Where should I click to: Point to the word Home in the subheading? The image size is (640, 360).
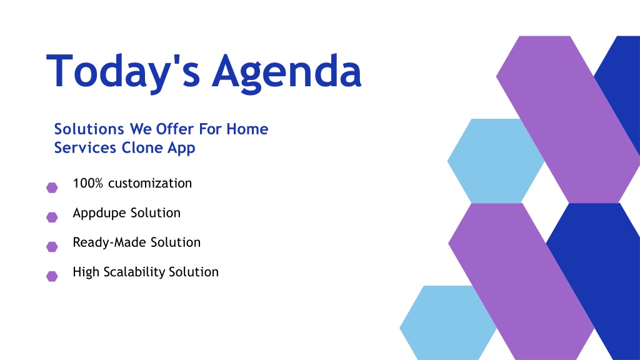[247, 129]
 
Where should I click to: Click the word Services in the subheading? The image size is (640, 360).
[85, 147]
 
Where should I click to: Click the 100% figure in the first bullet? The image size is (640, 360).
[87, 183]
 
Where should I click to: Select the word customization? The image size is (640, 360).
[150, 183]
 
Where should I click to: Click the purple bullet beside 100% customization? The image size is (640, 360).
[52, 187]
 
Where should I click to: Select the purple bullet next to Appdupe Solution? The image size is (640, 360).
[52, 217]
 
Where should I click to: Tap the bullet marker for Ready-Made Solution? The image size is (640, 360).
[52, 246]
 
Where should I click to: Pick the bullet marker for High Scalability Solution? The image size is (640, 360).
[52, 276]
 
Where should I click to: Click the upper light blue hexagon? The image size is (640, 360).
[494, 161]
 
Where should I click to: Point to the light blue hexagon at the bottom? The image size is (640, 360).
[446, 324]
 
